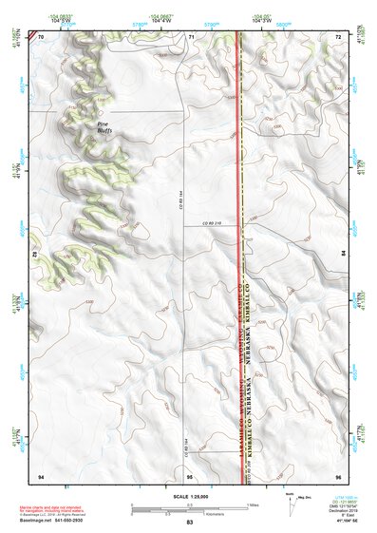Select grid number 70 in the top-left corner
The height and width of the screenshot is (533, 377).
click(x=41, y=36)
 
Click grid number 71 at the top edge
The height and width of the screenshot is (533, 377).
click(x=191, y=36)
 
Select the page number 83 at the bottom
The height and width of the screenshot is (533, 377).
click(x=189, y=523)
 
